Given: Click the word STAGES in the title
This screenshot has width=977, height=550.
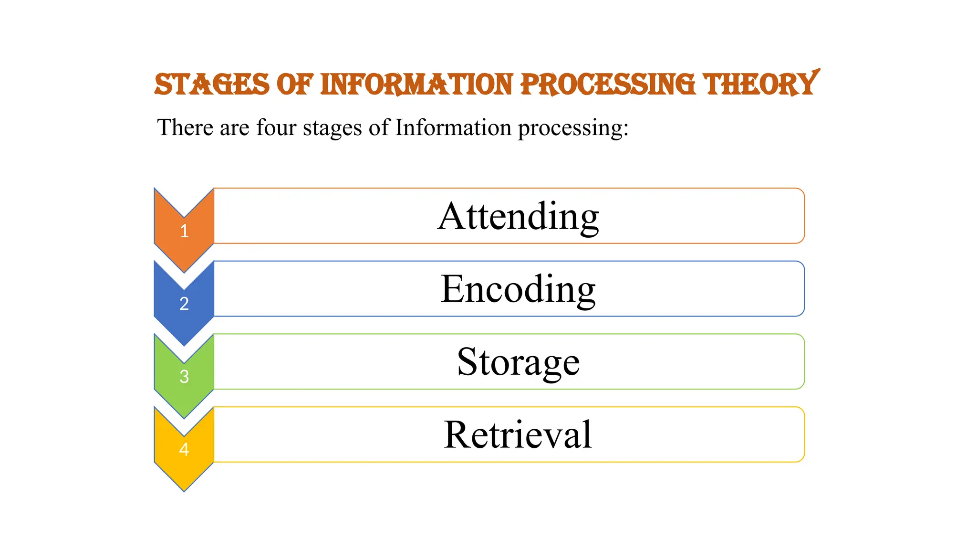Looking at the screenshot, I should pos(212,85).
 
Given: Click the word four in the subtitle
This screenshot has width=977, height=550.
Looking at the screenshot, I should pos(276,127).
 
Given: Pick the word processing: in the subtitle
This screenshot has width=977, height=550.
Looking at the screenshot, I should pos(573,128).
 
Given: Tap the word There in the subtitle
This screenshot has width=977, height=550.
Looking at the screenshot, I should pos(185,127).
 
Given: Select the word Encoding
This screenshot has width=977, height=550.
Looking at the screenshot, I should pos(518,289).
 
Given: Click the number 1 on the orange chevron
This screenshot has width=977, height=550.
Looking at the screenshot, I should pos(184,231).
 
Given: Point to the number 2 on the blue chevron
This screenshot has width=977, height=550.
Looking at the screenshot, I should pos(184,304).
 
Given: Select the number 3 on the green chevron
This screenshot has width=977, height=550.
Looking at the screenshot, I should pos(184,377).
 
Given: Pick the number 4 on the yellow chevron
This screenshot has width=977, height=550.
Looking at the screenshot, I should pos(184,449).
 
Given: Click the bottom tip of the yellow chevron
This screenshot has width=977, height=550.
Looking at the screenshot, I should pos(184,489).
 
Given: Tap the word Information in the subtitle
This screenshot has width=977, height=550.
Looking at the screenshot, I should pos(453,127).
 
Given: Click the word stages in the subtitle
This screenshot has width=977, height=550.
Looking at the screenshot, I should pos(333,128).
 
